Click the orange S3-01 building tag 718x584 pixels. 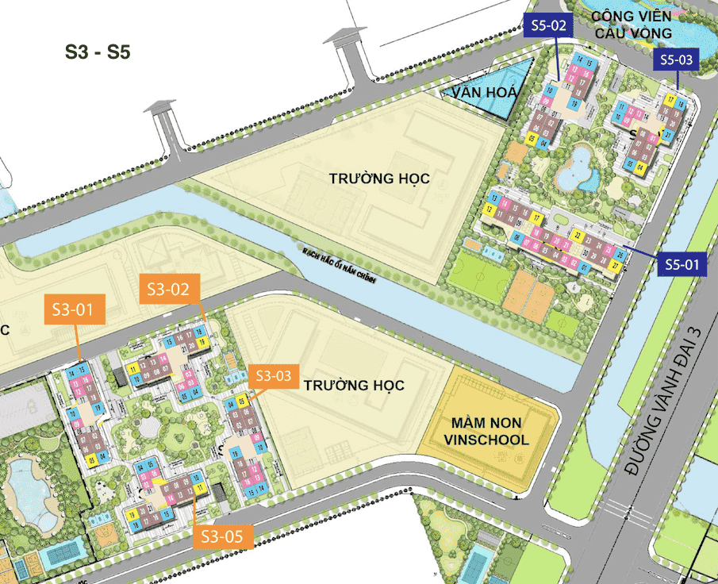click(x=79, y=309)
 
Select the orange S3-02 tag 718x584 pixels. click(x=167, y=289)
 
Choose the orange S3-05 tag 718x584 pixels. click(x=223, y=536)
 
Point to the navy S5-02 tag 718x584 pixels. click(x=547, y=26)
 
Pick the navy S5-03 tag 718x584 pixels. click(x=676, y=60)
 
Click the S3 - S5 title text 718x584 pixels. click(x=98, y=53)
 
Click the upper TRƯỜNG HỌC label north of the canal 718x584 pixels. click(x=379, y=179)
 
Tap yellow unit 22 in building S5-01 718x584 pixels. click(x=578, y=236)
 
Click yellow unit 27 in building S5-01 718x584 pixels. click(x=616, y=267)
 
